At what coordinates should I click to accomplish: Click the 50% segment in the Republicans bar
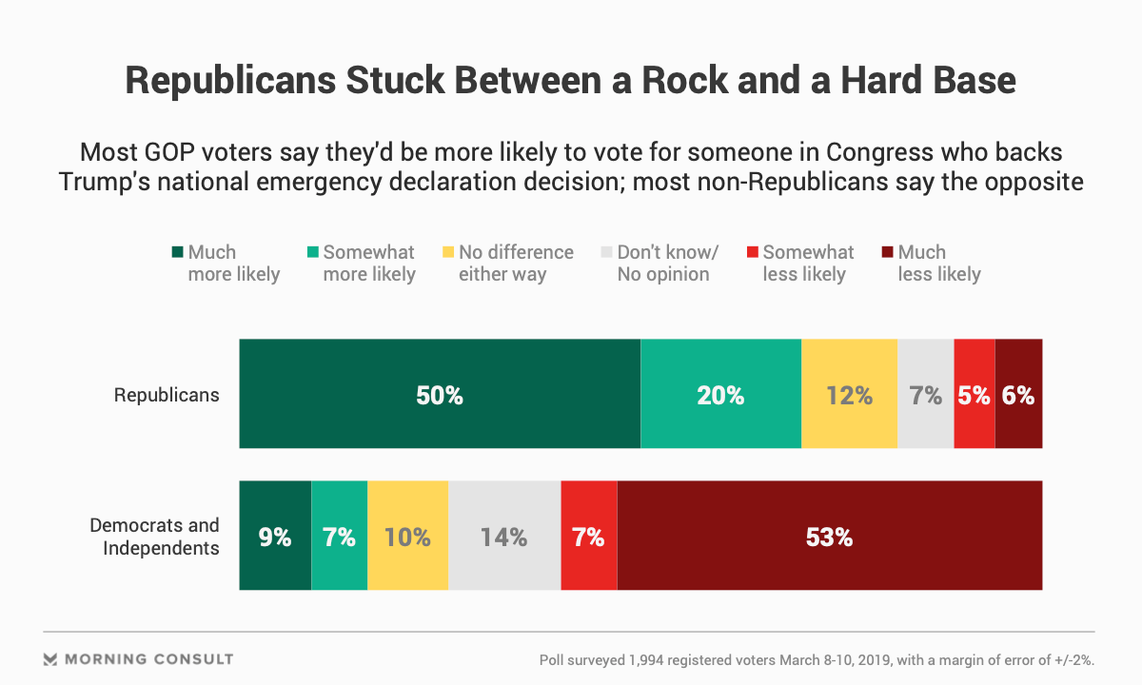(439, 394)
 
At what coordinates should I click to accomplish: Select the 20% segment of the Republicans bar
(720, 394)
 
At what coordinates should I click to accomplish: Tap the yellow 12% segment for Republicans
(849, 394)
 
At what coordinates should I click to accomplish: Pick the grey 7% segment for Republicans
(925, 394)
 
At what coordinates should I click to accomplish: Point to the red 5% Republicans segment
(974, 394)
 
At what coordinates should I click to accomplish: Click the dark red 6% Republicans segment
(1018, 394)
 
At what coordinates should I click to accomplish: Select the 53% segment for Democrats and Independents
(829, 536)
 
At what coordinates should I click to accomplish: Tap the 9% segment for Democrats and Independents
(275, 536)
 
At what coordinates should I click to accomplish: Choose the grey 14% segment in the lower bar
(503, 536)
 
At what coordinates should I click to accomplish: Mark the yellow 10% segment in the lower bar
(407, 536)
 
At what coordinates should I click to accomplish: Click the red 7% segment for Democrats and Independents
(588, 536)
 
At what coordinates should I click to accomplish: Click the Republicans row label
(167, 395)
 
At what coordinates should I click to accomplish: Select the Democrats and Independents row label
(154, 537)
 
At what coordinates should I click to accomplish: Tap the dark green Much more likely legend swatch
(177, 253)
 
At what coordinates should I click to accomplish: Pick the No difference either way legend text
(516, 264)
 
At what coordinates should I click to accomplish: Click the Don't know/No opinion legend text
(667, 264)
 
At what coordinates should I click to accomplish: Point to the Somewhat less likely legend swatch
(751, 253)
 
